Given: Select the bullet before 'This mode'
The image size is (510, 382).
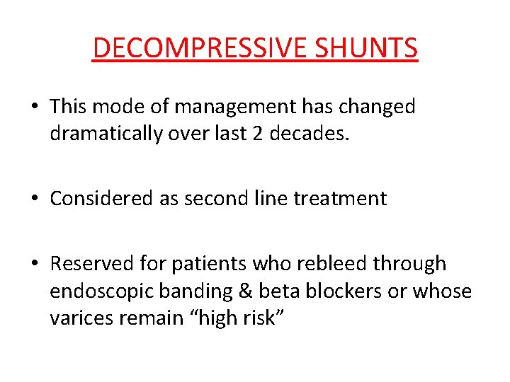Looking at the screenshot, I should (35, 108).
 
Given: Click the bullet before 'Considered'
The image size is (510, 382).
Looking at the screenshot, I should (35, 199).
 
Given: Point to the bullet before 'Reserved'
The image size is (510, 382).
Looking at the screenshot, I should (35, 265).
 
